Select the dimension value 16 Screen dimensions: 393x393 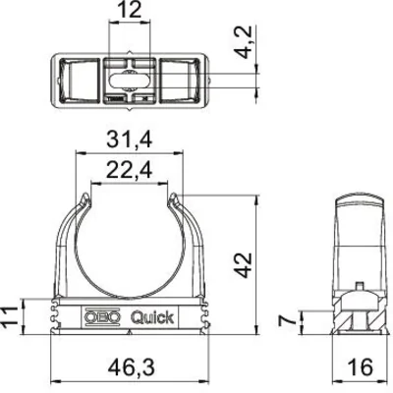click(359, 367)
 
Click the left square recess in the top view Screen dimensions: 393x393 click(75, 76)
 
